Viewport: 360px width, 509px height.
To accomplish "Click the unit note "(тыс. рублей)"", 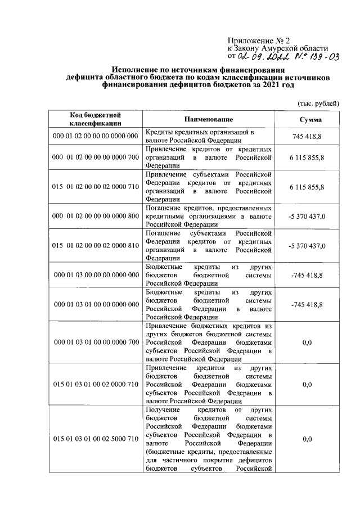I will click(x=318, y=103).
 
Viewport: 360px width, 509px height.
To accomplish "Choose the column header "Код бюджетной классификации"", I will click(x=95, y=119).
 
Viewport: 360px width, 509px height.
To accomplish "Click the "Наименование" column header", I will click(x=208, y=120).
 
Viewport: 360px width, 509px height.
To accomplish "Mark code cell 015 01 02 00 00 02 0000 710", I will click(x=95, y=186).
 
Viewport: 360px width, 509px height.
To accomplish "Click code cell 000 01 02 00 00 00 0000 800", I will click(x=95, y=215).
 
